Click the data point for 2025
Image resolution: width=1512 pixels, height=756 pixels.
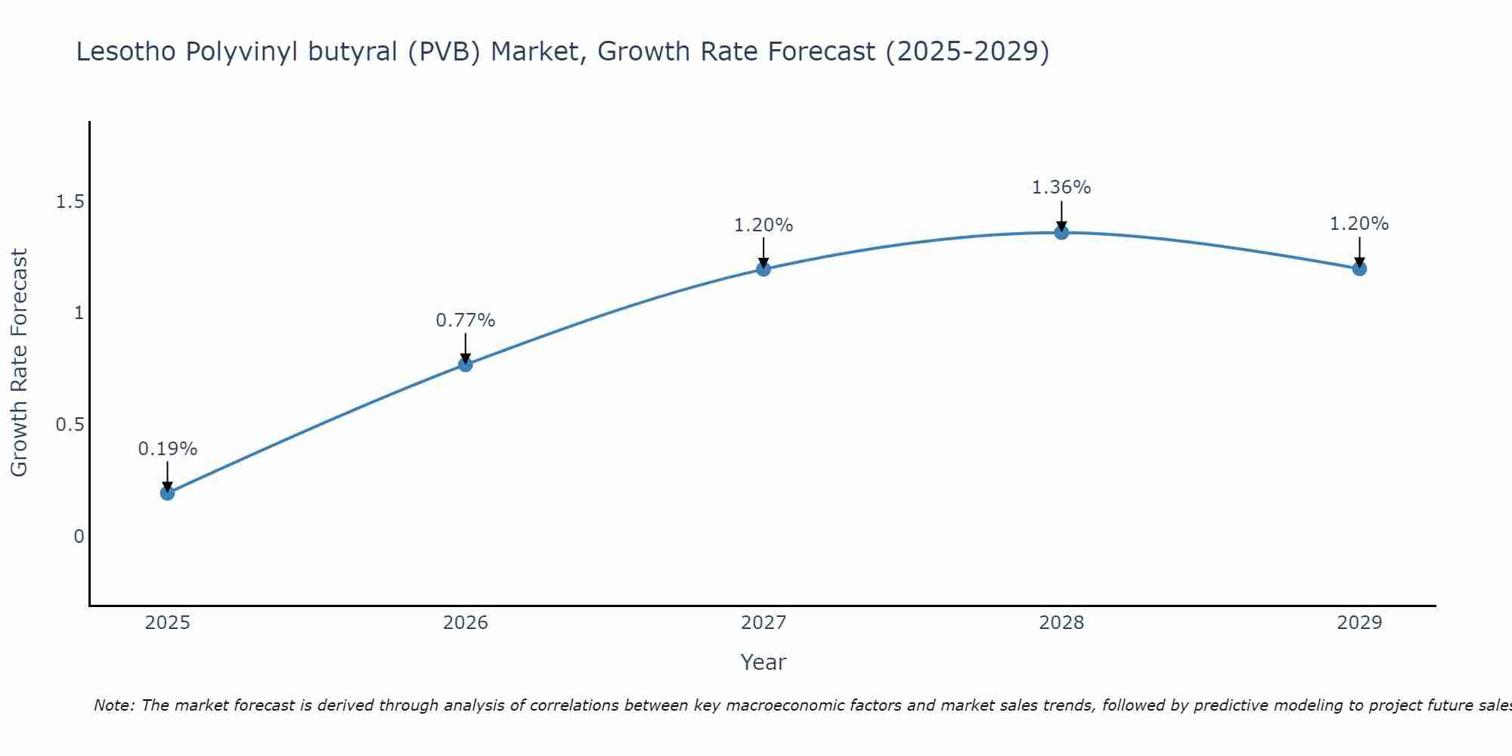[x=167, y=493]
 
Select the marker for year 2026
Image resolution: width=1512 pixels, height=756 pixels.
[x=466, y=364]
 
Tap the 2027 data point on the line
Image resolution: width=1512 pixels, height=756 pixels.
[x=764, y=268]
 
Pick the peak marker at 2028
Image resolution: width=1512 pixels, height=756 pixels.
[x=1061, y=232]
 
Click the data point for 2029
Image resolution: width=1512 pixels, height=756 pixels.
[x=1359, y=268]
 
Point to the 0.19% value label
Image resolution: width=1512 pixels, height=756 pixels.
[x=167, y=449]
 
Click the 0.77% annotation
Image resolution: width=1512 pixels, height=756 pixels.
[x=466, y=321]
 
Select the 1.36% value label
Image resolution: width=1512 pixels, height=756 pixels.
[x=1061, y=187]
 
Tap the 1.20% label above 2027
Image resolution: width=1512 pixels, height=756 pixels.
[x=764, y=225]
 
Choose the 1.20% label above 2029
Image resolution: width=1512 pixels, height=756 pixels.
[x=1359, y=224]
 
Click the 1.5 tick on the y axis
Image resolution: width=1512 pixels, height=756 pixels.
[x=70, y=202]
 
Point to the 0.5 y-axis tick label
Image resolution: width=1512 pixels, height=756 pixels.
[x=70, y=425]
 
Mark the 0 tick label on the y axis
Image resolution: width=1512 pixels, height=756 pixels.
[x=79, y=537]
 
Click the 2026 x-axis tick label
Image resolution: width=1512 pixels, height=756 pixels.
[x=466, y=623]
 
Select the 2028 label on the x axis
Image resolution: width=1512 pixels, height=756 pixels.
[x=1061, y=623]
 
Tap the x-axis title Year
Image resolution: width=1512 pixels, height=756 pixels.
[x=764, y=662]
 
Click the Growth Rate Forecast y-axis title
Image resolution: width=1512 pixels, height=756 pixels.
[x=19, y=363]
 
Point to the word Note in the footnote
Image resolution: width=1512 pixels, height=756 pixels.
[x=113, y=705]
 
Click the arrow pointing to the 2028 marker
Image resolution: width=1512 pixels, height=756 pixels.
[x=1061, y=215]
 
